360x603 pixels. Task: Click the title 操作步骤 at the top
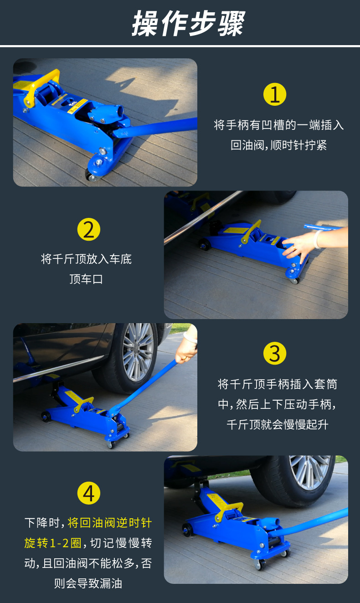(188, 23)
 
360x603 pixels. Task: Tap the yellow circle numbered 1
(274, 94)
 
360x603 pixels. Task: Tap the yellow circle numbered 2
(88, 229)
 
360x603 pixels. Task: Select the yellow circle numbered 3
(274, 353)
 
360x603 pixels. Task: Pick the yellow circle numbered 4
(88, 493)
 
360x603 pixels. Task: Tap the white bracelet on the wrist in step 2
(318, 239)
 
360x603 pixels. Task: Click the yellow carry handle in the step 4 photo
(228, 510)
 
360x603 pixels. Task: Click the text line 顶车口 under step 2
(86, 279)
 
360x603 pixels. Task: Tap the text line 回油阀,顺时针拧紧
(279, 145)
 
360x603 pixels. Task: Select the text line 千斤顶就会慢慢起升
(278, 424)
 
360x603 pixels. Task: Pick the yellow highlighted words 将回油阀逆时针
(109, 523)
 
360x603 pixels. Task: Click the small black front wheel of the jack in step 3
(46, 417)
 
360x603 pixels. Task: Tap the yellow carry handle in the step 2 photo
(252, 232)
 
